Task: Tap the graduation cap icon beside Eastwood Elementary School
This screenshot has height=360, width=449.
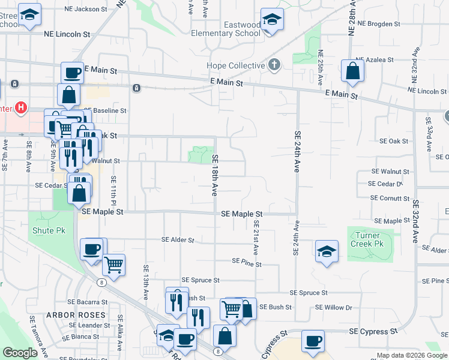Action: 272,21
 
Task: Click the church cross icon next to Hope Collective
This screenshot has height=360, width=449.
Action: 274,64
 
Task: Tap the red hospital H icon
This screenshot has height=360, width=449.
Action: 21,108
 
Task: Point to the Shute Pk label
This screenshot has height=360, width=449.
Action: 48,230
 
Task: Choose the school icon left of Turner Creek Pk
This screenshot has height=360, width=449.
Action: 327,251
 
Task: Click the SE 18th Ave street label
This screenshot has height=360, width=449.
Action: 214,175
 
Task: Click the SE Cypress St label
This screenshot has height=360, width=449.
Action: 373,331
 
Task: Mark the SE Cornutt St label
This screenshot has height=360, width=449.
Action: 390,198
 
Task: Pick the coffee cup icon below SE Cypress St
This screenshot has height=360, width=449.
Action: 313,341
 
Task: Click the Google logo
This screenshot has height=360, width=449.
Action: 20,352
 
